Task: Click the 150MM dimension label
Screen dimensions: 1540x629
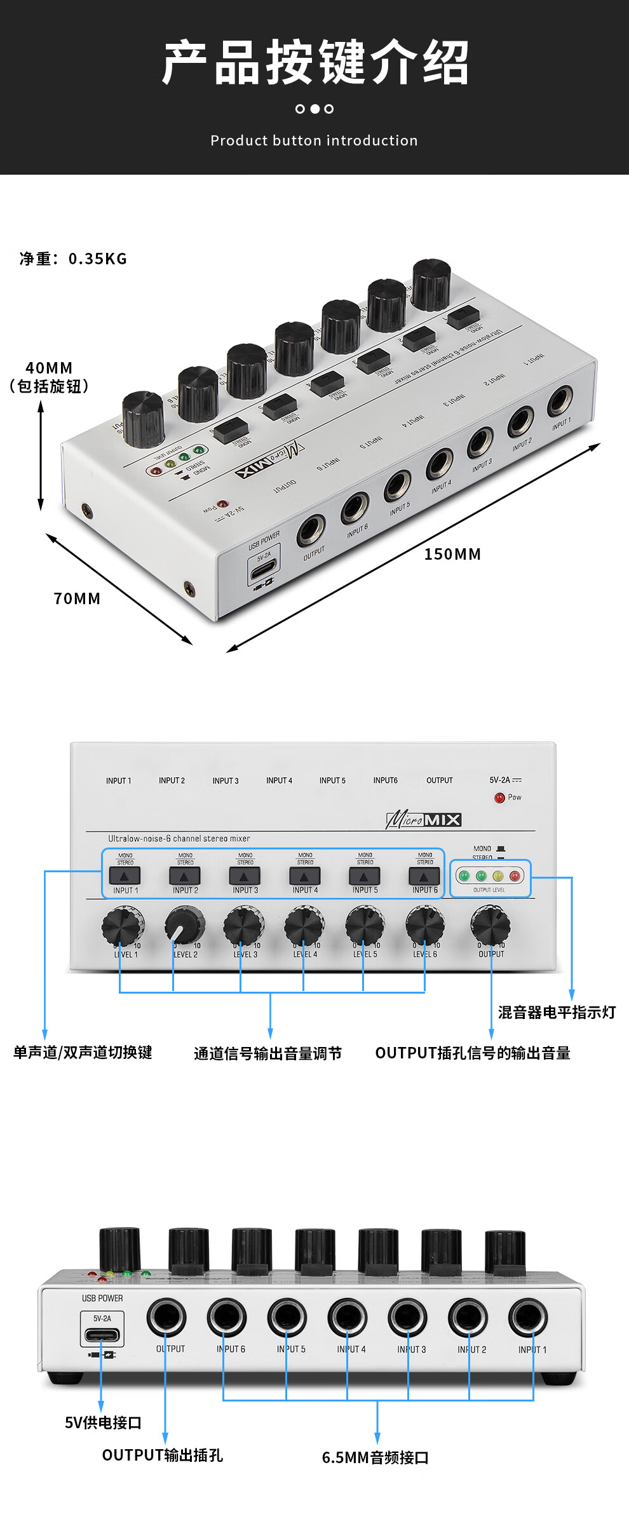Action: point(452,554)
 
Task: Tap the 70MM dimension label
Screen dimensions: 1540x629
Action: point(77,598)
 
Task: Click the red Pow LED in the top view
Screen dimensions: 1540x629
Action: point(499,797)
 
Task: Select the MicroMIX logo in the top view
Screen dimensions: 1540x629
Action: point(424,820)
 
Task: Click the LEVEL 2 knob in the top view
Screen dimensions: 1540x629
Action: point(184,925)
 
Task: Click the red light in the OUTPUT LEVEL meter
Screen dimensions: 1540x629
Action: point(515,876)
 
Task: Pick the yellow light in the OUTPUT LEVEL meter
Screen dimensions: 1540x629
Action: point(498,876)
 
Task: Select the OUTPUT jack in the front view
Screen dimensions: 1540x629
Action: point(166,1318)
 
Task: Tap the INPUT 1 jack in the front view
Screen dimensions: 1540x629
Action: point(528,1318)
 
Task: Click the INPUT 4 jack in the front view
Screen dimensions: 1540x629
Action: point(348,1318)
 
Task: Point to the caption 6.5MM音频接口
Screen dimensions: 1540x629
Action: point(375,1457)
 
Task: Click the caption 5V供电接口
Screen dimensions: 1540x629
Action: point(103,1422)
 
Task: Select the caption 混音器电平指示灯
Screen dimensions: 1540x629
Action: point(557,1012)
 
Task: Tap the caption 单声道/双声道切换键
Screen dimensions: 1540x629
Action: point(83,1052)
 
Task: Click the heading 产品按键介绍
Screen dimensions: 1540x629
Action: point(314,62)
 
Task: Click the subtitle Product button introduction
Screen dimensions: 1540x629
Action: point(314,140)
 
